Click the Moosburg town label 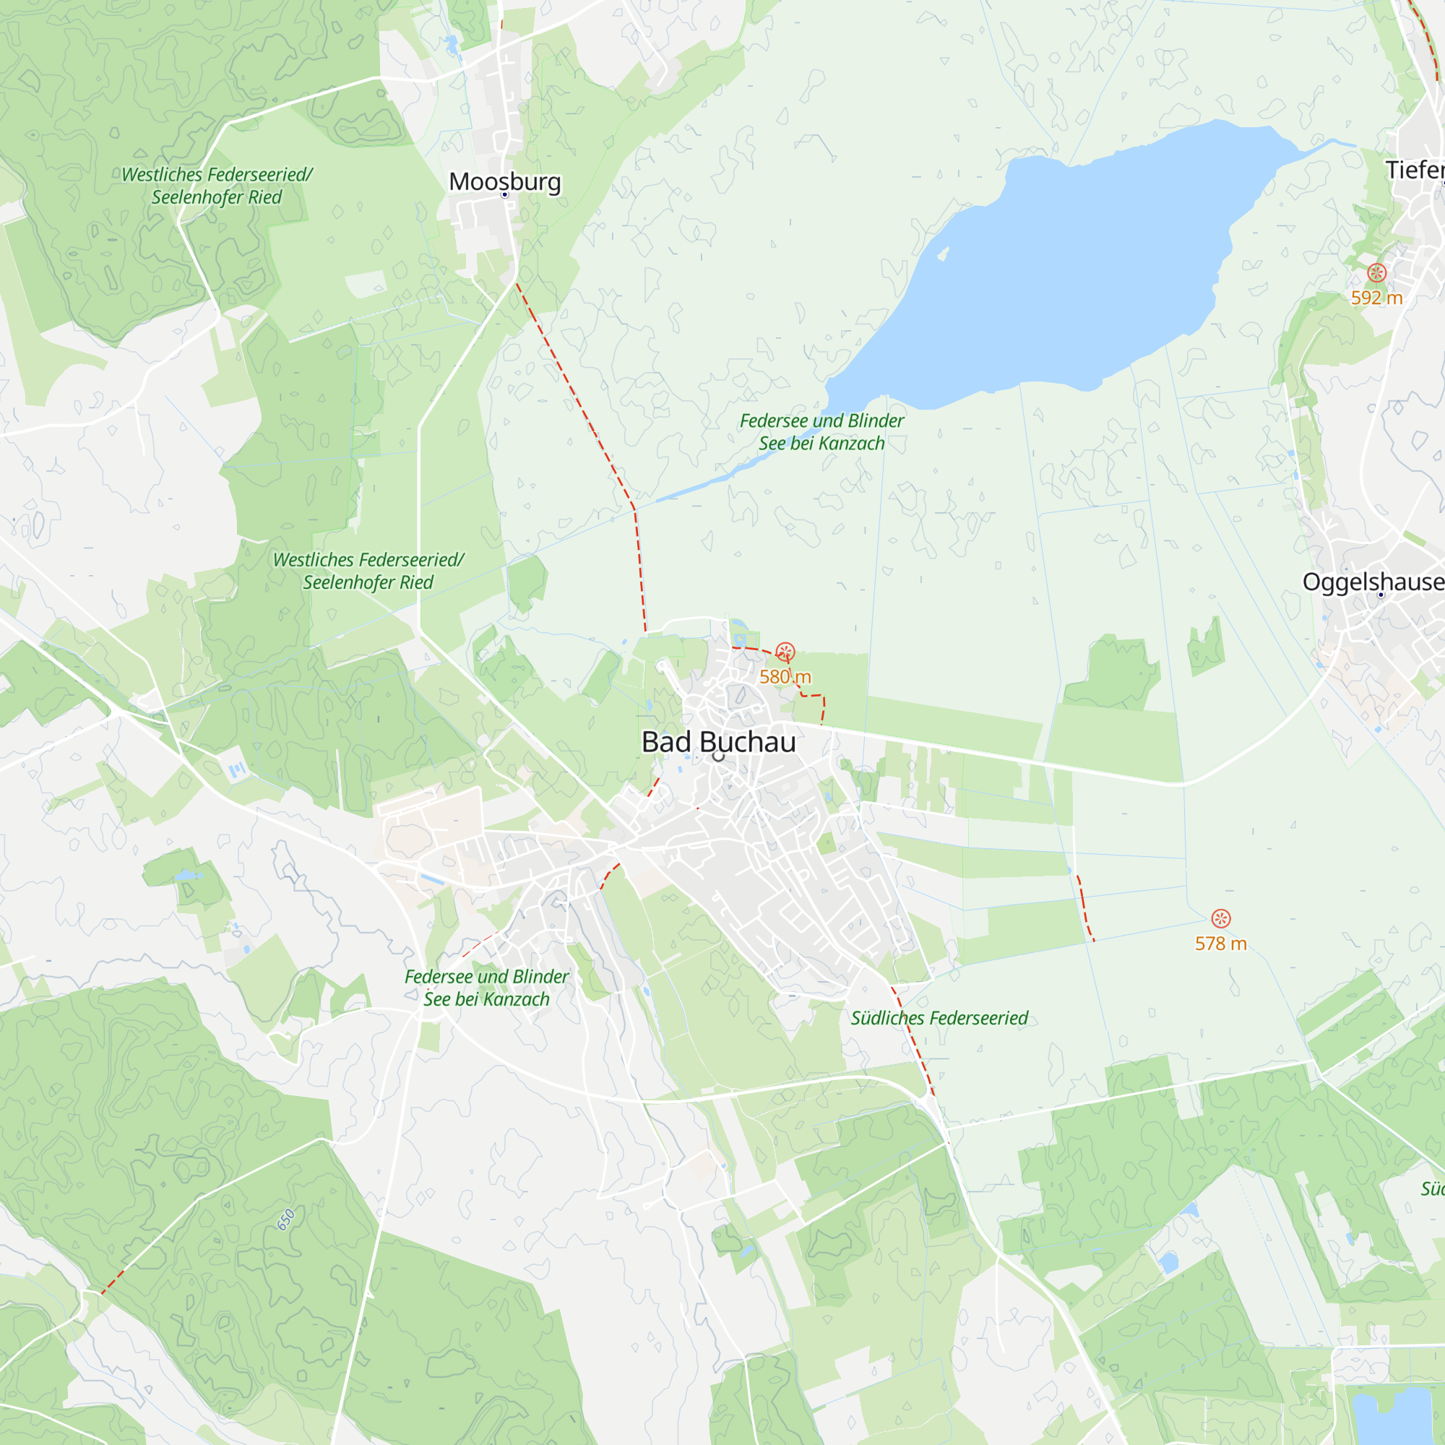(505, 181)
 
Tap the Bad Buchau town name (719, 742)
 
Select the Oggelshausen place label (1373, 581)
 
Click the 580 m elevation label (785, 677)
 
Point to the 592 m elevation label (1376, 298)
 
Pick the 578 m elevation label (1220, 943)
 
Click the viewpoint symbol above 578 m (1220, 918)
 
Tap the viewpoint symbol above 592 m (1377, 273)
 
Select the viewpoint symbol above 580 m (785, 652)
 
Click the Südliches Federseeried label (939, 1018)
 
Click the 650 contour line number (285, 1220)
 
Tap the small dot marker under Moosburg (505, 194)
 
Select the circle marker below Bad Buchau (719, 756)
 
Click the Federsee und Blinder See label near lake (821, 431)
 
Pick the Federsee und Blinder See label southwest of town (486, 987)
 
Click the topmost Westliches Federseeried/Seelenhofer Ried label (217, 186)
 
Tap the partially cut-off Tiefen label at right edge (1415, 170)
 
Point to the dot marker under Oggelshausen (1381, 595)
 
